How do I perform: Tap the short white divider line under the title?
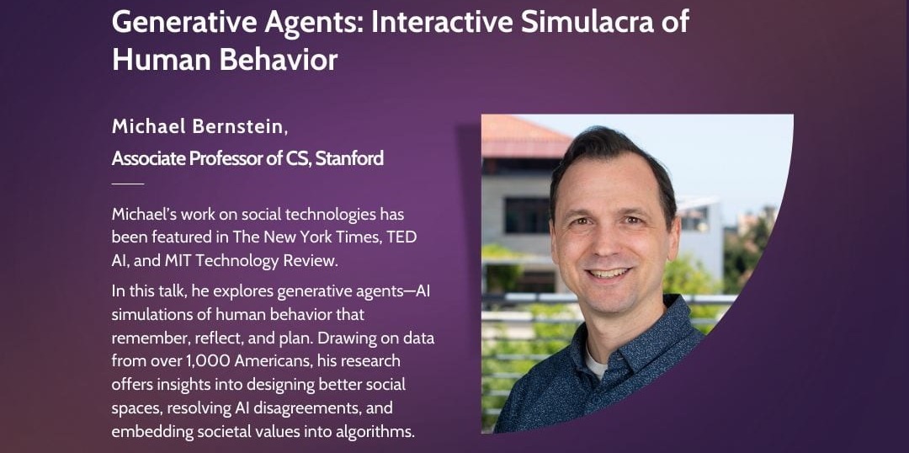click(x=128, y=183)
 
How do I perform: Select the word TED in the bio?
click(x=401, y=237)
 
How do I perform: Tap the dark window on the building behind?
click(x=526, y=216)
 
